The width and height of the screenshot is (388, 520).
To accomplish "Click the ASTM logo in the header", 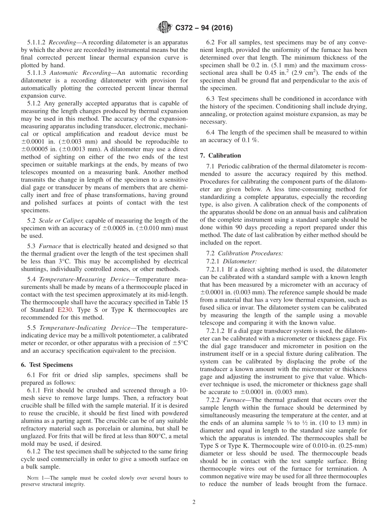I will click(x=164, y=28).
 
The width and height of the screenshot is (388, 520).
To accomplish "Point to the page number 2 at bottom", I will click(x=194, y=502).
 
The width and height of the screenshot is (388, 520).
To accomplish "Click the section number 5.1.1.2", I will click(x=37, y=42).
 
